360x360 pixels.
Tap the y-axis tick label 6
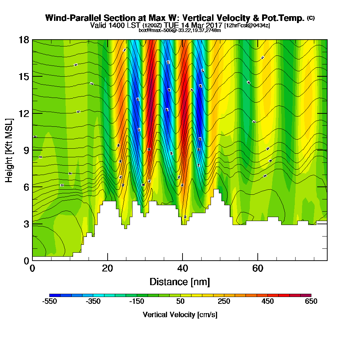26,187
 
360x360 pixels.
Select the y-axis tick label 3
26,224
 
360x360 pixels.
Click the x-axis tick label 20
107,268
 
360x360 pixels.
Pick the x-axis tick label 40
183,268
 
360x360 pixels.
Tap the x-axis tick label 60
258,268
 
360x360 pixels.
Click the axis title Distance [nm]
180,282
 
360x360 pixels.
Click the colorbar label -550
50,302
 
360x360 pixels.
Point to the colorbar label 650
311,302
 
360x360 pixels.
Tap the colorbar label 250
224,302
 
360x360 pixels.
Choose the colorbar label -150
137,302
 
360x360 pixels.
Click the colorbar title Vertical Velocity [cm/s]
180,315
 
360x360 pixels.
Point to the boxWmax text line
180,30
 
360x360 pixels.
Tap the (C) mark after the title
311,18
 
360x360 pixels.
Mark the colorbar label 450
267,302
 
